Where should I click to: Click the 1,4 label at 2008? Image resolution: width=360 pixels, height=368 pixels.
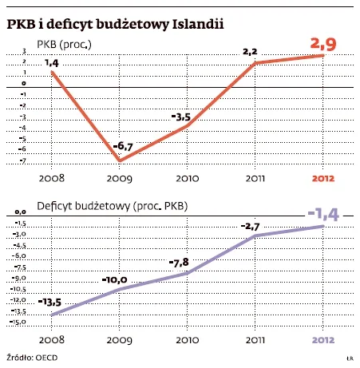51,62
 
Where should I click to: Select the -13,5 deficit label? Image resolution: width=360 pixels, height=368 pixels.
49,302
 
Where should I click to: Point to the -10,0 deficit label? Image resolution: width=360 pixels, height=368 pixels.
115,280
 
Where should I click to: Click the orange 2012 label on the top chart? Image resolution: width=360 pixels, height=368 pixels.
322,179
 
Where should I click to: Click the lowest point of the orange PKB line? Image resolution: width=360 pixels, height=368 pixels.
119,160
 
